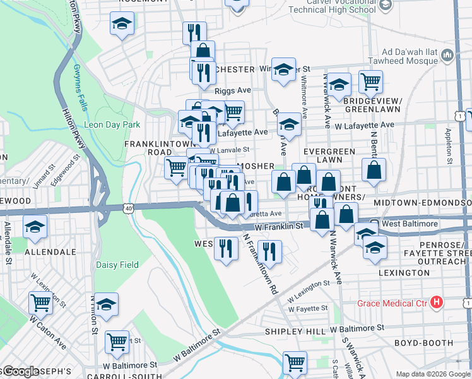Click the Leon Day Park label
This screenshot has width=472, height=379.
112,124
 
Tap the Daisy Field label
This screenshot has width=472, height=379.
115,265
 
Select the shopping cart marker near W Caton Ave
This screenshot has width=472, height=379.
40,303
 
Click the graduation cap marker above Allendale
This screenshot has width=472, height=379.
35,226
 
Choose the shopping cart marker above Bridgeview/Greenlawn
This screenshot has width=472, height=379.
370,81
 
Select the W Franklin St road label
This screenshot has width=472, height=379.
280,226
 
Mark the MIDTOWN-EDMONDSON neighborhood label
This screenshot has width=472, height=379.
422,202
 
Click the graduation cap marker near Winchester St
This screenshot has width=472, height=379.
283,69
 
